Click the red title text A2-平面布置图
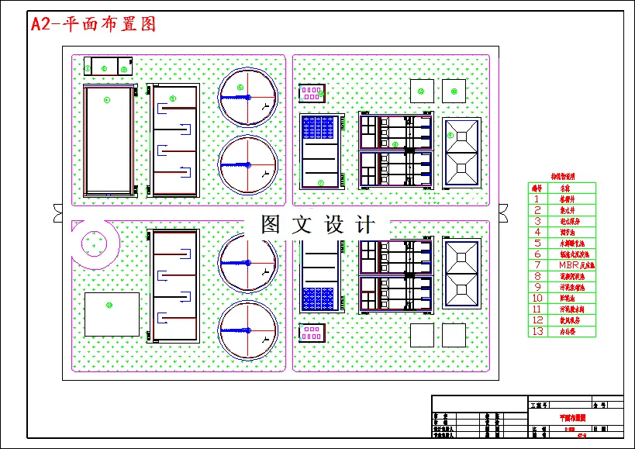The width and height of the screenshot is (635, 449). point(93,24)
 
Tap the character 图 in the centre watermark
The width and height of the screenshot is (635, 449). point(271,225)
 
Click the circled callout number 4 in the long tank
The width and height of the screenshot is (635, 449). point(108,99)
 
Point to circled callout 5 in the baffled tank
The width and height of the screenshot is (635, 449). point(172,98)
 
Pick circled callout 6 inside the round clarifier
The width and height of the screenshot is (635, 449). point(240,88)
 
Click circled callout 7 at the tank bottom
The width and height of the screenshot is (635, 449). point(320,182)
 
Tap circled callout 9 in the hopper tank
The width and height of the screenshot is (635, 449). point(450,135)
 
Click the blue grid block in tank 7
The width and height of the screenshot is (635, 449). point(321,129)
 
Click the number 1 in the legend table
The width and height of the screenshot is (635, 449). point(536,199)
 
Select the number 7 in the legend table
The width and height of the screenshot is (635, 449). point(536,264)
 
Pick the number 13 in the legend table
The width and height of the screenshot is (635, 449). point(536,331)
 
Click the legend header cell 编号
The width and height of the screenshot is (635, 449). point(536,188)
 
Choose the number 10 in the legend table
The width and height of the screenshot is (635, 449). point(536,298)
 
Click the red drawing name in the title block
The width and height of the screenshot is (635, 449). point(574,417)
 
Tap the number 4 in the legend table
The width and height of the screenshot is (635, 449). point(536,232)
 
